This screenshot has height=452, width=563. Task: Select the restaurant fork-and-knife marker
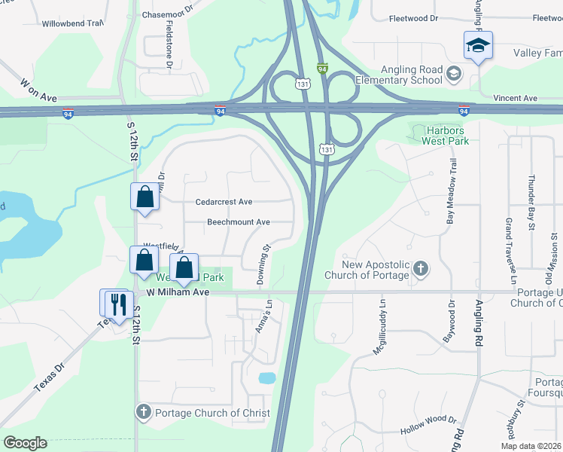click(117, 304)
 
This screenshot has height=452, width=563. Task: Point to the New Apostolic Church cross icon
click(421, 267)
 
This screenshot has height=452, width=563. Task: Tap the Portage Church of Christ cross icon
click(144, 412)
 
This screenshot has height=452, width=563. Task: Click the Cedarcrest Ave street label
click(224, 202)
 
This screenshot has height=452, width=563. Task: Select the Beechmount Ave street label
click(239, 222)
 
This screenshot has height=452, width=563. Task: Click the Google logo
click(25, 443)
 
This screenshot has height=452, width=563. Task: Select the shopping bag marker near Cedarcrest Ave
click(145, 198)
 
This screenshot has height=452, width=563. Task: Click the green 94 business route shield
click(322, 69)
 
